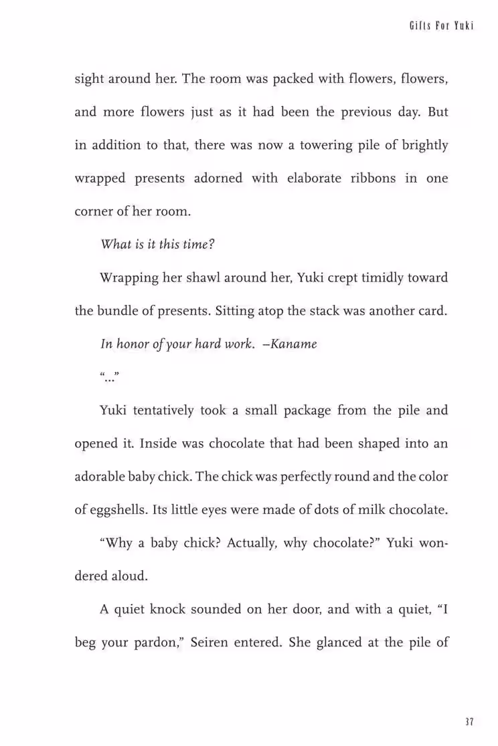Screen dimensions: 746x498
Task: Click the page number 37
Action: tap(469, 722)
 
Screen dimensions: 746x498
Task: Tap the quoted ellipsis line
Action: tap(109, 378)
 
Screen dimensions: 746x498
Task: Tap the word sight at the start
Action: tap(89, 79)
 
